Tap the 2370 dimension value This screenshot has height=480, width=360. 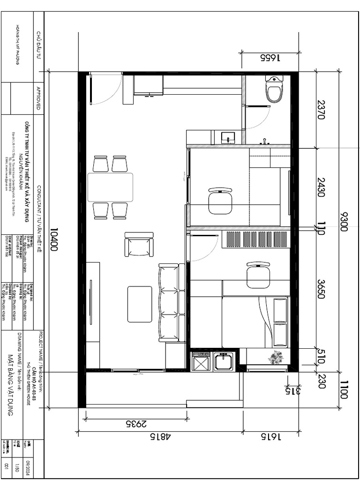pos(321,110)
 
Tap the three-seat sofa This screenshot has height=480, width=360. pos(169,302)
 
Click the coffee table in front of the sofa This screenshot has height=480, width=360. pos(140,304)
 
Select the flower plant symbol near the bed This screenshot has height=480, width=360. pos(276,358)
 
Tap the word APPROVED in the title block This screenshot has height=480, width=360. pos(39,97)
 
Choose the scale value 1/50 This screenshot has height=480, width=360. pos(19,453)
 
